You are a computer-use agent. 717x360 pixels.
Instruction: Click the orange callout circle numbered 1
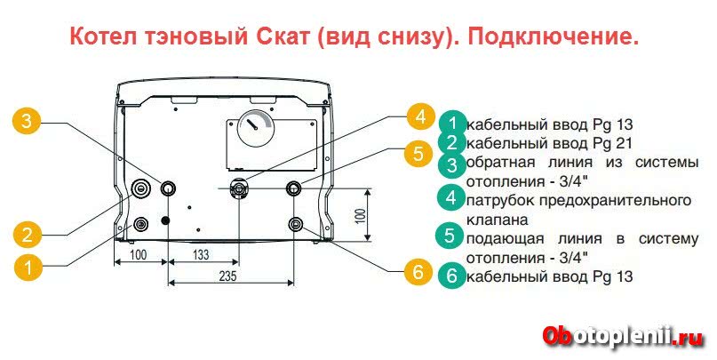(x=29, y=265)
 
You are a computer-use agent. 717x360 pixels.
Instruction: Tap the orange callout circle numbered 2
(x=29, y=235)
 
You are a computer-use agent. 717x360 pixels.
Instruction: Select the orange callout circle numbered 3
(x=29, y=122)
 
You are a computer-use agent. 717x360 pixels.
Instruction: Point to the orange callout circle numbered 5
(x=418, y=153)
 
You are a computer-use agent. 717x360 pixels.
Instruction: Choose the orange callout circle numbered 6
(x=418, y=273)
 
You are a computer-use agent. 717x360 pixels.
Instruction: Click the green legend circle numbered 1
(x=452, y=124)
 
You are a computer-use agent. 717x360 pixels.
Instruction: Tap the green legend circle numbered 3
(x=452, y=164)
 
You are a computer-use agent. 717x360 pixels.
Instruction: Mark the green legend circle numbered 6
(x=452, y=276)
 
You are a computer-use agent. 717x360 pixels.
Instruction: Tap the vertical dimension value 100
(x=359, y=215)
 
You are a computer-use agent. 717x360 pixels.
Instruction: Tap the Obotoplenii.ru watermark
(x=621, y=337)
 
